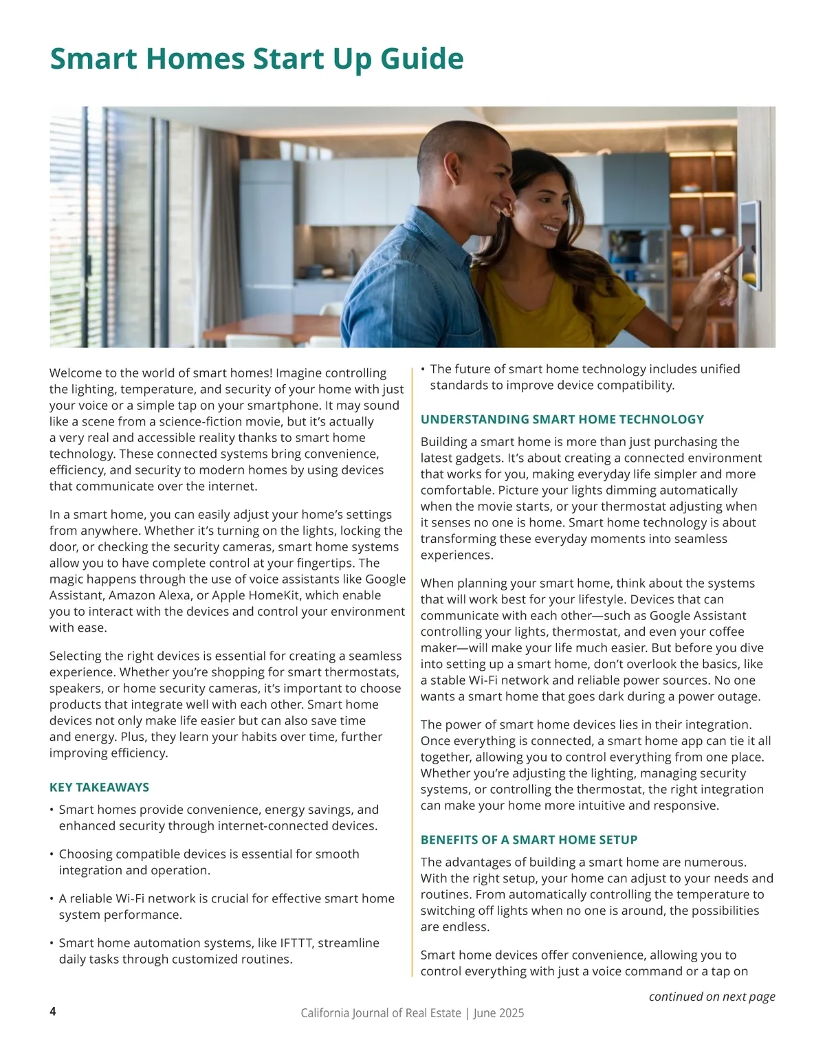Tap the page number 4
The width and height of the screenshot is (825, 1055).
pyautogui.click(x=53, y=1012)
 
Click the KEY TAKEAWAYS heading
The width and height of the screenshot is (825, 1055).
pyautogui.click(x=99, y=787)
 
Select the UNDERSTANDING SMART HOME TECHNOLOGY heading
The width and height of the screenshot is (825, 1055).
pyautogui.click(x=562, y=419)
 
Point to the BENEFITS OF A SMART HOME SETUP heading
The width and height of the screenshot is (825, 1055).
pyautogui.click(x=529, y=840)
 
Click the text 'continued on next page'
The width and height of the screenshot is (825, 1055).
pyautogui.click(x=712, y=997)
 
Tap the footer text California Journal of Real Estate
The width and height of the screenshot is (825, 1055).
pyautogui.click(x=381, y=1013)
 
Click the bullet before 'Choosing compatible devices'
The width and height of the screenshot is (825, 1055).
pyautogui.click(x=52, y=854)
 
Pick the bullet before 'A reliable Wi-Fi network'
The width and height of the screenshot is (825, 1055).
pyautogui.click(x=52, y=899)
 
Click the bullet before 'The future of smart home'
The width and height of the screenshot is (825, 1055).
pyautogui.click(x=423, y=369)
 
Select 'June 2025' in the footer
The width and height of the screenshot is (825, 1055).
pyautogui.click(x=502, y=1013)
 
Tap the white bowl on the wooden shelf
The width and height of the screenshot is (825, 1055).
pyautogui.click(x=687, y=230)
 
